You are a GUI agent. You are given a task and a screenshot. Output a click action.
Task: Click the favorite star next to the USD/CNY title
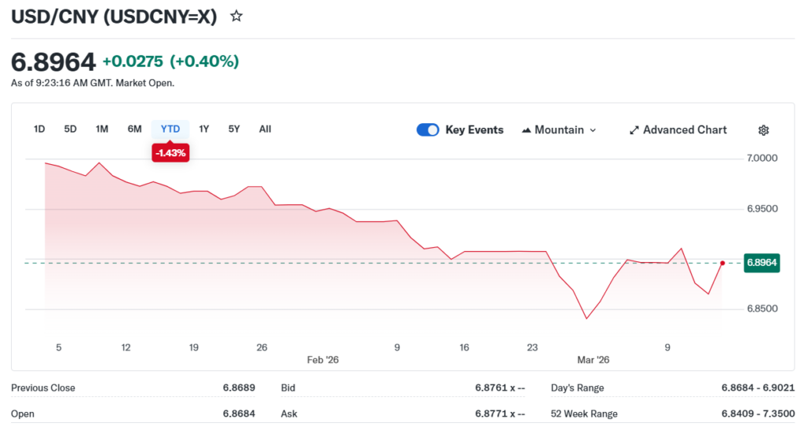pyautogui.click(x=236, y=16)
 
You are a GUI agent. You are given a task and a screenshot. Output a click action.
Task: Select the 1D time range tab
pyautogui.click(x=39, y=129)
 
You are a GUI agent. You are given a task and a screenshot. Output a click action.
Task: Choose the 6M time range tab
pyautogui.click(x=134, y=129)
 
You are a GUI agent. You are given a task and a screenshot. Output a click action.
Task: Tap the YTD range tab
pyautogui.click(x=170, y=129)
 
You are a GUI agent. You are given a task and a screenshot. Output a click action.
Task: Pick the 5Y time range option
pyautogui.click(x=234, y=129)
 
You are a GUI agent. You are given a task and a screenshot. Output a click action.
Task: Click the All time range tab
pyautogui.click(x=265, y=129)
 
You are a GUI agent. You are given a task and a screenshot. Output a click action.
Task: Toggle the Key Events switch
pyautogui.click(x=428, y=129)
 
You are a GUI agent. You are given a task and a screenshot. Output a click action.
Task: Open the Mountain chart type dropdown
pyautogui.click(x=559, y=129)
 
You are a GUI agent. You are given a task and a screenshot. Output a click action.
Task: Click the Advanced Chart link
pyautogui.click(x=678, y=129)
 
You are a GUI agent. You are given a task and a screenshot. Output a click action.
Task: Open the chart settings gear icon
pyautogui.click(x=763, y=130)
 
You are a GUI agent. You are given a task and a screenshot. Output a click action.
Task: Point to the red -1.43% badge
pyautogui.click(x=170, y=153)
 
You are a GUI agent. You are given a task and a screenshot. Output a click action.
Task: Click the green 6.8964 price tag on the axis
pyautogui.click(x=762, y=263)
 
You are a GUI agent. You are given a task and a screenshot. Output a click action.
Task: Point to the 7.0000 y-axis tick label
pyautogui.click(x=762, y=159)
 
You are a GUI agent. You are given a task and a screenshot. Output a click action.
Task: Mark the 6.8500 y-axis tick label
pyautogui.click(x=762, y=309)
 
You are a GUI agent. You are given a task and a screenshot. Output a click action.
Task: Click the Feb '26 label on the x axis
pyautogui.click(x=323, y=359)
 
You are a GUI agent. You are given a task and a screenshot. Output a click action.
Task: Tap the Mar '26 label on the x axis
pyautogui.click(x=593, y=359)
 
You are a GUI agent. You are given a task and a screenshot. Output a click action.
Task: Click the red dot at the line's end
pyautogui.click(x=722, y=263)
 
